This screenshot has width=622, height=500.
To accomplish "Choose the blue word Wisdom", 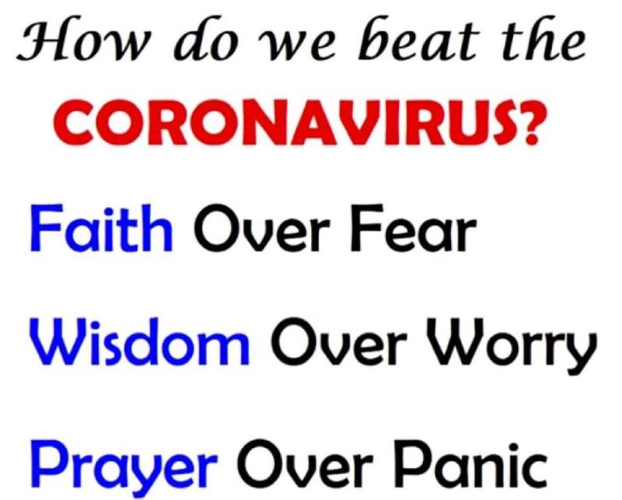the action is click(140, 342).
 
